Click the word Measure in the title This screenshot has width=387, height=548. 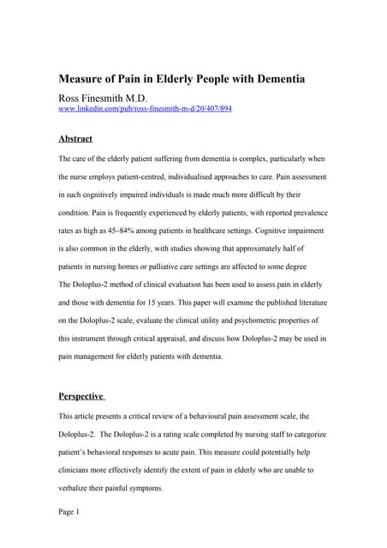(84, 80)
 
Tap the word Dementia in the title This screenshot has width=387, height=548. (275, 80)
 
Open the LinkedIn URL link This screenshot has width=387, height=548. (145, 110)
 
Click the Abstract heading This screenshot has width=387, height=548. (75, 139)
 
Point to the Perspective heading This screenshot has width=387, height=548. (81, 396)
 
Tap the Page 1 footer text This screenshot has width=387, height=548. (68, 512)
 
